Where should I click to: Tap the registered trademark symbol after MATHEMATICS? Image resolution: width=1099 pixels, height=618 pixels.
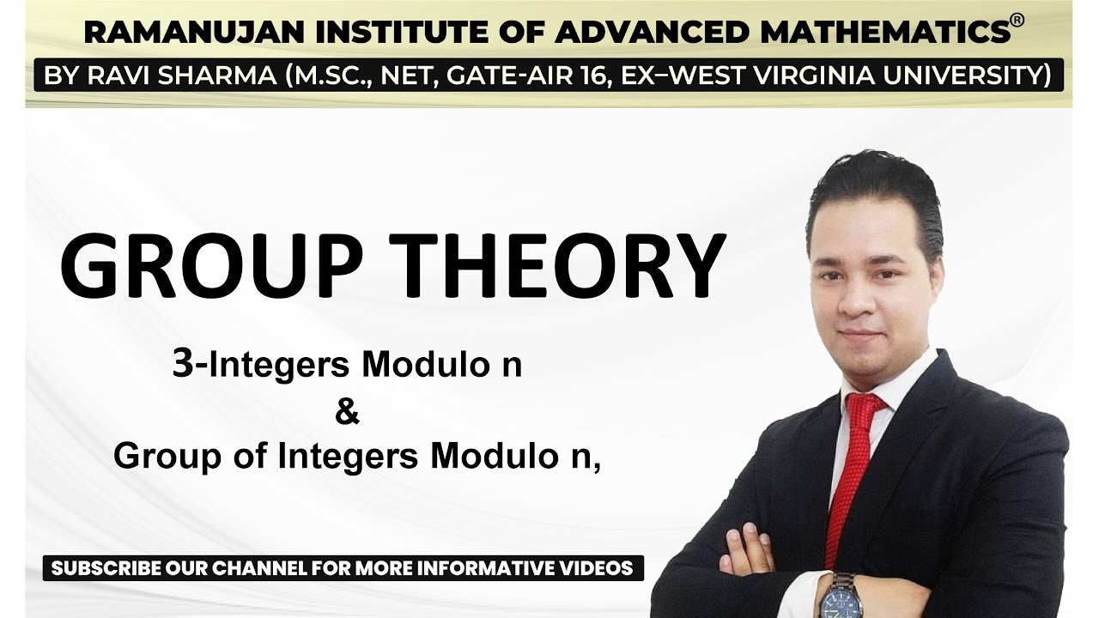pos(1017,21)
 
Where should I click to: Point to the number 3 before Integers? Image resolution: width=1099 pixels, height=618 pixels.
pos(180,366)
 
